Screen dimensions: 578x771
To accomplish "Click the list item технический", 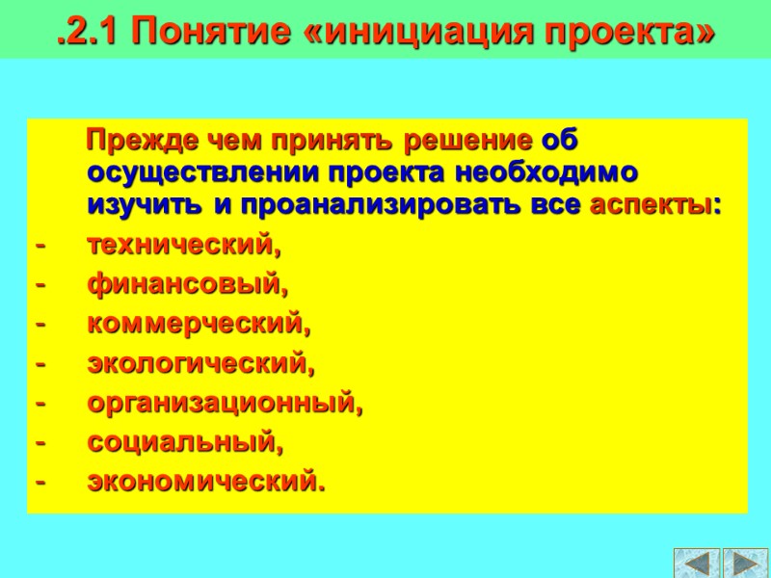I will pyautogui.click(x=184, y=246).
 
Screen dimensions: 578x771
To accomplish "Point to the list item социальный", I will pyautogui.click(x=186, y=443).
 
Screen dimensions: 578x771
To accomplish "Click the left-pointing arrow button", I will pyautogui.click(x=697, y=564).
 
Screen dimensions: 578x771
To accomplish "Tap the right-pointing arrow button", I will pyautogui.click(x=745, y=564).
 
